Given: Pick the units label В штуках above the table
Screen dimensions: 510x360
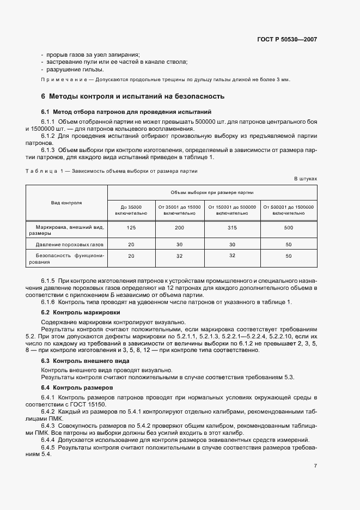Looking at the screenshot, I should click(306, 178).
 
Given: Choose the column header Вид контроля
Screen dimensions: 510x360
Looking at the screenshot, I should click(67, 202).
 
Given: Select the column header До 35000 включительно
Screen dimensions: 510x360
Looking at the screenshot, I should click(131, 210).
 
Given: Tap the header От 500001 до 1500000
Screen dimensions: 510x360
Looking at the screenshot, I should click(288, 210).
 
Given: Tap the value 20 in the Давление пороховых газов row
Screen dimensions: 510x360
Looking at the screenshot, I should click(131, 245).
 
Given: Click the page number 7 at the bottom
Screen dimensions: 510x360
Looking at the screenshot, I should click(315, 466).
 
